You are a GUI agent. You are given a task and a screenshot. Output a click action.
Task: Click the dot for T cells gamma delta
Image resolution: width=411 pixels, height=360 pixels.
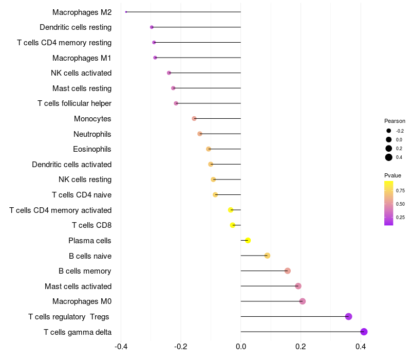pyautogui.click(x=364, y=332)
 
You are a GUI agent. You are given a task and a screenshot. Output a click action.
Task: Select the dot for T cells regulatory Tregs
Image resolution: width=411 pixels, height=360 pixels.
pyautogui.click(x=349, y=316)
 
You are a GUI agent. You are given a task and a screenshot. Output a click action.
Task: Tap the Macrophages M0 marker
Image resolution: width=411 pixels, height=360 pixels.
pyautogui.click(x=303, y=301)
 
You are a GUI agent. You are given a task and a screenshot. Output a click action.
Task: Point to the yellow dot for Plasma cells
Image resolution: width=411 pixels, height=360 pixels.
pyautogui.click(x=248, y=240)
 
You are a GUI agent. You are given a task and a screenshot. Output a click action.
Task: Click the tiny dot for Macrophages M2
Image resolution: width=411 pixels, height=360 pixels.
pyautogui.click(x=126, y=12)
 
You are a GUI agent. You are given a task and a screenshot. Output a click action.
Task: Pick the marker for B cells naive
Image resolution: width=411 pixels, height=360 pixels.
pyautogui.click(x=267, y=256)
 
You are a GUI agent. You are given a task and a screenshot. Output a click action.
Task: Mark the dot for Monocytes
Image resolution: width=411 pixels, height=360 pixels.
pyautogui.click(x=194, y=119)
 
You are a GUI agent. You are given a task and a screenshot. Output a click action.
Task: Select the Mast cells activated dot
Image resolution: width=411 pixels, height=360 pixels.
pyautogui.click(x=298, y=286)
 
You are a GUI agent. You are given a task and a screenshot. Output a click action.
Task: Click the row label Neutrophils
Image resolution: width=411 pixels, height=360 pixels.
pyautogui.click(x=92, y=134)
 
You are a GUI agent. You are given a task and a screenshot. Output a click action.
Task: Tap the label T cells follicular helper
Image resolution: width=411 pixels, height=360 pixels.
pyautogui.click(x=74, y=103)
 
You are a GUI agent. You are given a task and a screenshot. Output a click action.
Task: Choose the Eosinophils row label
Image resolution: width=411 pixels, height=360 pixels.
pyautogui.click(x=92, y=149)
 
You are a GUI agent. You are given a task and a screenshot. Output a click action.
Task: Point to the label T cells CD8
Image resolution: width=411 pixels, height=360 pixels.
pyautogui.click(x=92, y=225)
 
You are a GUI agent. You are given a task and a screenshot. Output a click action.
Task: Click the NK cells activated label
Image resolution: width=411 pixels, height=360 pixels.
pyautogui.click(x=81, y=73)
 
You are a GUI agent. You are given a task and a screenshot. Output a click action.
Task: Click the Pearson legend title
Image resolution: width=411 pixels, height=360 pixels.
pyautogui.click(x=395, y=121)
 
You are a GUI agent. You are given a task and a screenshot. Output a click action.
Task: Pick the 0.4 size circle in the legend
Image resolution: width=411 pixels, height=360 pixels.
pyautogui.click(x=389, y=157)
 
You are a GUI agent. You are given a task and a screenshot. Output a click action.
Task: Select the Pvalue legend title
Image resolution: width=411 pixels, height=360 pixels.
pyautogui.click(x=393, y=175)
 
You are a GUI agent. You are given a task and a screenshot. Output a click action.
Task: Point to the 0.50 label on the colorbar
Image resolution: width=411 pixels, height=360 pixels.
pyautogui.click(x=400, y=204)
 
